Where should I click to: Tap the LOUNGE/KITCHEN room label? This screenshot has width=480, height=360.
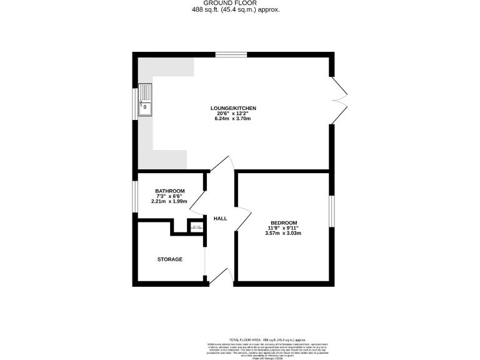pyautogui.click(x=233, y=108)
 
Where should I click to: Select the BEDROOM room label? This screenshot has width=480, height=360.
pyautogui.click(x=284, y=222)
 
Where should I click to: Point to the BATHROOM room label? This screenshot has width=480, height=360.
pyautogui.click(x=170, y=191)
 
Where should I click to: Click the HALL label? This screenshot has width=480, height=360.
pyautogui.click(x=220, y=219)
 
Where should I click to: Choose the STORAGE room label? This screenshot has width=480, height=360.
pyautogui.click(x=170, y=259)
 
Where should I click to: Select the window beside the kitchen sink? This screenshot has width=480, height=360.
pyautogui.click(x=135, y=103)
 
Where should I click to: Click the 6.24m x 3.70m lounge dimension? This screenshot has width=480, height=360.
pyautogui.click(x=233, y=119)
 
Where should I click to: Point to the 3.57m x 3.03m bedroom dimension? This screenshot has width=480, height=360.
pyautogui.click(x=284, y=234)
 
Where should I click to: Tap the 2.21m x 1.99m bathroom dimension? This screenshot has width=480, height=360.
pyautogui.click(x=170, y=202)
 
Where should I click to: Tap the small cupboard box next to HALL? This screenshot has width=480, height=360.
pyautogui.click(x=196, y=226)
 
